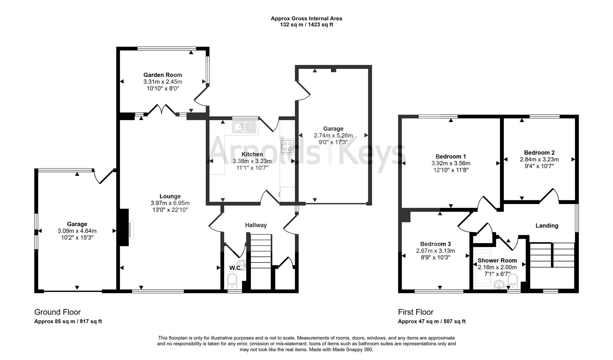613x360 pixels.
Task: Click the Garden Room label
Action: (163, 75)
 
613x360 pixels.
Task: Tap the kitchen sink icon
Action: (244, 127)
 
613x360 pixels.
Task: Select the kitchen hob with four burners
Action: (287, 146)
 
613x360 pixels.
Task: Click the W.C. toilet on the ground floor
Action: (232, 281)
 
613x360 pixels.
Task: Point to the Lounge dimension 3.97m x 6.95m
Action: (170, 203)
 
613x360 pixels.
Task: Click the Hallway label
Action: (256, 225)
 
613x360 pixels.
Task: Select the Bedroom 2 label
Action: (539, 153)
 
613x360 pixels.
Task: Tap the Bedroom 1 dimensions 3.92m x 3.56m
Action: (451, 163)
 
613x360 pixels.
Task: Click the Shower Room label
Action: (497, 260)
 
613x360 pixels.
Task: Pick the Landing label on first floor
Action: (547, 226)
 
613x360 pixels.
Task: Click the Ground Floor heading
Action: (57, 312)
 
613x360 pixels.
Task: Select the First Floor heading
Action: (416, 312)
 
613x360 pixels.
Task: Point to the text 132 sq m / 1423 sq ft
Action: (306, 25)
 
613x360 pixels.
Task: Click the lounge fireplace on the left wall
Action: (124, 228)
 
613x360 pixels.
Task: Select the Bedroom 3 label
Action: (435, 244)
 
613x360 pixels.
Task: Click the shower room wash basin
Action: (499, 284)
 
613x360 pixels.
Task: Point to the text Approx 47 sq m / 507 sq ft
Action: (432, 321)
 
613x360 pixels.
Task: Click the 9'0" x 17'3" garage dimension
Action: (333, 142)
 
